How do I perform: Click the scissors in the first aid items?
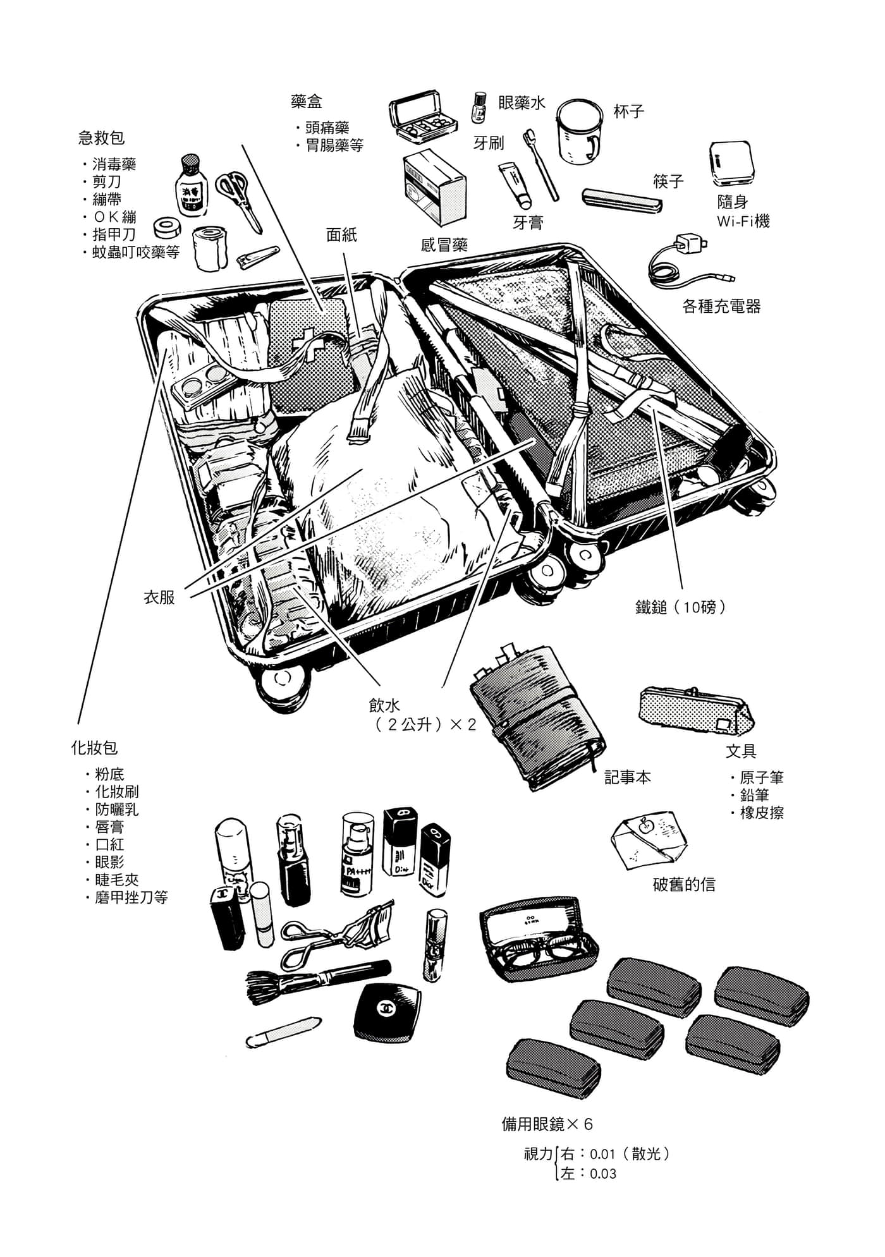point(238,193)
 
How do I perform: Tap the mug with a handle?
point(579,131)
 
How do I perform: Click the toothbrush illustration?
point(542,166)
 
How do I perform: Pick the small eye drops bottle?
point(479,107)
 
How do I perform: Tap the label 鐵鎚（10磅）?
point(681,608)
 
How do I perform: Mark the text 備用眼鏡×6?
point(547,1124)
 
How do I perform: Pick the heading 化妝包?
point(94,748)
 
